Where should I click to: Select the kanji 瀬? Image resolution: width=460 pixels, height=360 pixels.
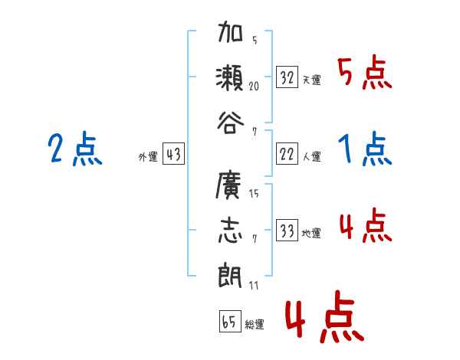click(x=231, y=77)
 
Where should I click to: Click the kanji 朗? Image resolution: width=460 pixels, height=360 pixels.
click(x=231, y=272)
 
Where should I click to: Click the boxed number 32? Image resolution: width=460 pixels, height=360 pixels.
click(x=287, y=77)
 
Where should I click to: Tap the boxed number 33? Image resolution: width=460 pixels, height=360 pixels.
click(x=287, y=231)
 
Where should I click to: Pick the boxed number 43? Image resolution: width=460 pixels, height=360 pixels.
click(x=173, y=155)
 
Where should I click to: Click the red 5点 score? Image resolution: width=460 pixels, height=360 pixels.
click(x=365, y=74)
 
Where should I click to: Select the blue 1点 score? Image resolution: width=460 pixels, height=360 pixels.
click(x=365, y=149)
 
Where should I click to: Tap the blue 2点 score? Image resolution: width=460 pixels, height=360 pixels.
click(x=74, y=149)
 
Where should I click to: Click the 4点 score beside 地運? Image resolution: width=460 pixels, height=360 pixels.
click(x=365, y=227)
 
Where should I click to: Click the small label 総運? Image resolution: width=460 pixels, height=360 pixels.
click(x=255, y=325)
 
